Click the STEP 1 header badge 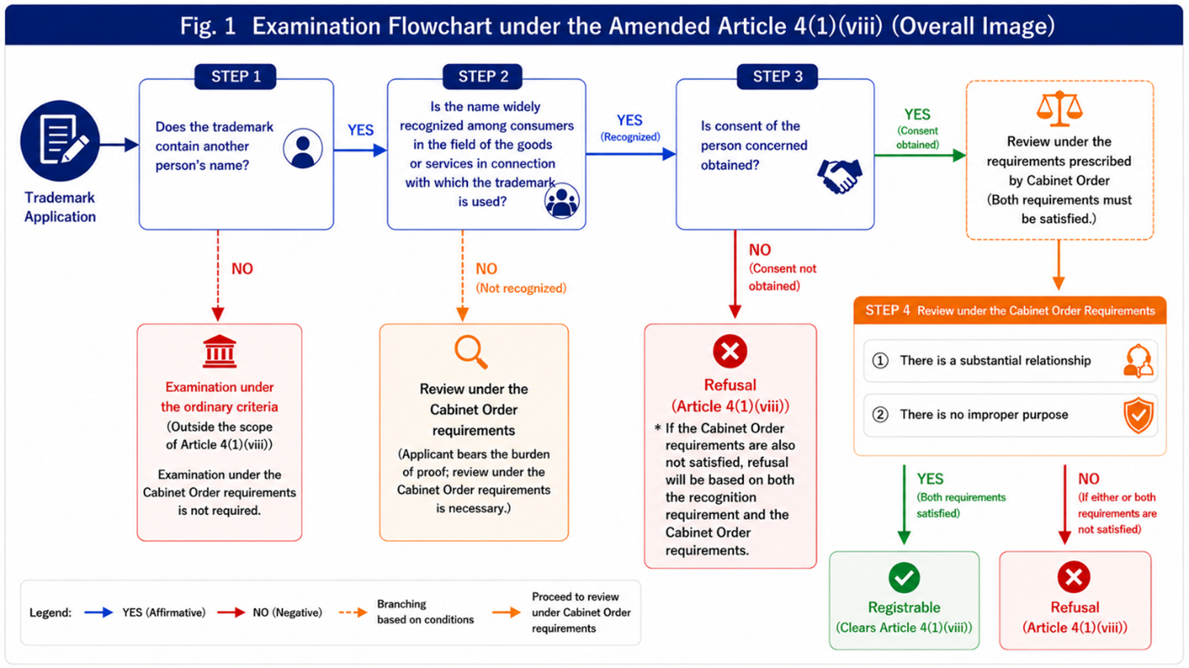coord(236,77)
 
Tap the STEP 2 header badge coord(483,77)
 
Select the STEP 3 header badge coord(778,77)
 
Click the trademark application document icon coord(60,141)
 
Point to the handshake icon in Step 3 coord(840,176)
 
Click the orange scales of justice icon coord(1060,108)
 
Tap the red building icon coord(219,351)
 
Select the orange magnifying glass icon coord(470,351)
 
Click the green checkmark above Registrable coord(904,577)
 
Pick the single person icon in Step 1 coord(302,149)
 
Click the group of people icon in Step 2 coord(562,200)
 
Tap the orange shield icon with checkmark coord(1139,414)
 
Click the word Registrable coord(904,607)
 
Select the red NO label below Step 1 coord(242,269)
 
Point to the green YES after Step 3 coord(917,114)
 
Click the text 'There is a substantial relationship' coord(995,361)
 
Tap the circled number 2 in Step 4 coord(880,414)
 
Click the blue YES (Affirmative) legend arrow coord(99,612)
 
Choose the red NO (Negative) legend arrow coord(231,612)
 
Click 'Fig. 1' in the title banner coord(208,26)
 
